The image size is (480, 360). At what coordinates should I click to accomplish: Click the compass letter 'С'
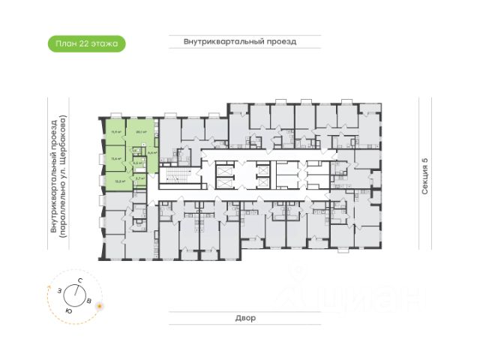(x=78, y=280)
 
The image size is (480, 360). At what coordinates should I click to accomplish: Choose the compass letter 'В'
(x=90, y=301)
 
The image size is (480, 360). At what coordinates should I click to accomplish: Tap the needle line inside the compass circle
(x=74, y=294)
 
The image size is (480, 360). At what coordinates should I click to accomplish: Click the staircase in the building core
(x=172, y=178)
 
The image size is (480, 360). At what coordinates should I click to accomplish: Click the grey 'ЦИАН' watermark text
(x=367, y=300)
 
